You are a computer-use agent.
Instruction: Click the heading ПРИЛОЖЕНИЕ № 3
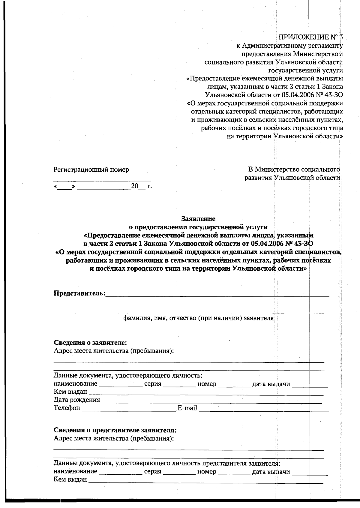coord(310,37)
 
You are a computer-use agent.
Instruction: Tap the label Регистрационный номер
coord(91,170)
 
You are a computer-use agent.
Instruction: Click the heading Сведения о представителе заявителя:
coord(115,430)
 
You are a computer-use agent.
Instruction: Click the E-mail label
coord(187,408)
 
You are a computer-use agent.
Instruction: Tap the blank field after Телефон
coord(128,409)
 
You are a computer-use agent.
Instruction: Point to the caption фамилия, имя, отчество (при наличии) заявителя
coord(198,318)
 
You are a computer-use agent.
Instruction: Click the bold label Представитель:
coord(79,293)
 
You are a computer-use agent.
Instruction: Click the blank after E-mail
coord(264,409)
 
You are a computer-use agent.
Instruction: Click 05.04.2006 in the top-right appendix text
coord(298,95)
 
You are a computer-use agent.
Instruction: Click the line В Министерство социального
coord(292,170)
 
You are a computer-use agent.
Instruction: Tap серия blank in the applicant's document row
coord(179,385)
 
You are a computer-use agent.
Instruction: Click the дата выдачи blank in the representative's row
coord(310,472)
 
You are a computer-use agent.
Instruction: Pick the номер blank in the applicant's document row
coord(234,385)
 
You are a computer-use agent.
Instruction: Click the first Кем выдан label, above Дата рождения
coord(70,392)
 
